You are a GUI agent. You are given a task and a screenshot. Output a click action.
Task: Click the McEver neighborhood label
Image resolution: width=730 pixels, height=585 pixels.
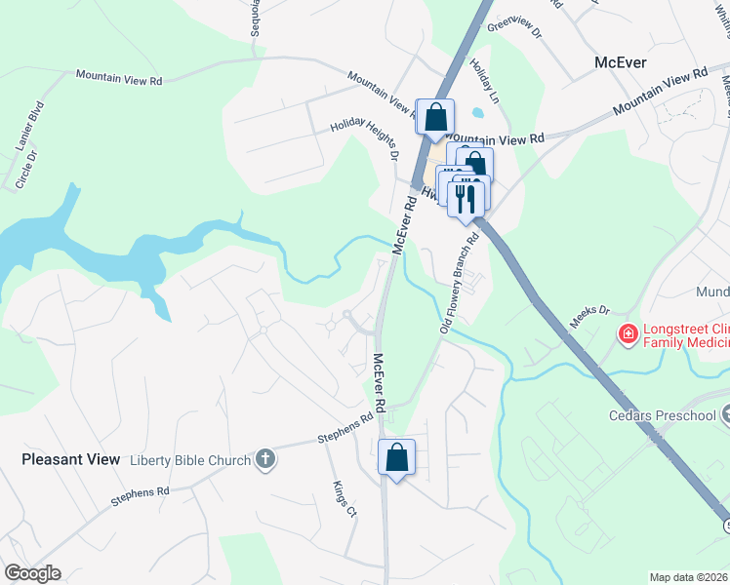coord(621,62)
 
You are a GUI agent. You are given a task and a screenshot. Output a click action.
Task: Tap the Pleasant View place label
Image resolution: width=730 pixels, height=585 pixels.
coord(71,458)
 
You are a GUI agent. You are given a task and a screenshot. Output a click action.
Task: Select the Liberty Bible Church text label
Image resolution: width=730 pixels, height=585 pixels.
coord(190,459)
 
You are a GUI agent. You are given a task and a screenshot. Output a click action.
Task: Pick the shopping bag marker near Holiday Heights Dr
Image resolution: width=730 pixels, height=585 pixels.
coord(435,117)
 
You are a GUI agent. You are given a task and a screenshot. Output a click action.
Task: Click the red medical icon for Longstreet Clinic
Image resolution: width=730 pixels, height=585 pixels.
coord(629,335)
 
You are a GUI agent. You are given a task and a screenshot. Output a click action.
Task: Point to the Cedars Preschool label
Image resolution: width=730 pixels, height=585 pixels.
coord(669,416)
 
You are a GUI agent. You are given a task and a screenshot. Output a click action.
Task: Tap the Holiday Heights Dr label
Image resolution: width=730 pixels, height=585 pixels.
coord(366,137)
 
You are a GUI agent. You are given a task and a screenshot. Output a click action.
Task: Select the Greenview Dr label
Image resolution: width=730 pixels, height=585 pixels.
coord(514,27)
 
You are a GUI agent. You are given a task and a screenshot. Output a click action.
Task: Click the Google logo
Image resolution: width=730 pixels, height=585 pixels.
coord(32,573)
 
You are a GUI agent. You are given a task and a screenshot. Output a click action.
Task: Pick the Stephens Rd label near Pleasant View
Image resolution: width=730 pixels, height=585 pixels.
coord(133,497)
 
